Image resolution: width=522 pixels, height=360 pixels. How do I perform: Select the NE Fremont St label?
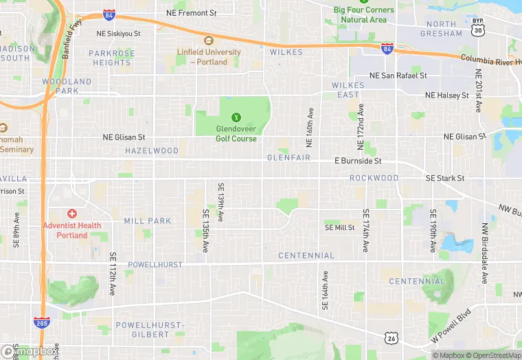191,13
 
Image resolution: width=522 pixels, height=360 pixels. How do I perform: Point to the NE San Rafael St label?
398,76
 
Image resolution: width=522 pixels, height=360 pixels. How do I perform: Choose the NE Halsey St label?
446,95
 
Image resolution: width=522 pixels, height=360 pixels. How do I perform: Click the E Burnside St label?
357,161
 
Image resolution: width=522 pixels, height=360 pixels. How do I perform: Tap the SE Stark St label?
445,179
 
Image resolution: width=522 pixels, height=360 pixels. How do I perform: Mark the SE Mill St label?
339,227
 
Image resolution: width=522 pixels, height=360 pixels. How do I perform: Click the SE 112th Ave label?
113,273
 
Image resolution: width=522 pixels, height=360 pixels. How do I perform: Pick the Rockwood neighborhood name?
374,178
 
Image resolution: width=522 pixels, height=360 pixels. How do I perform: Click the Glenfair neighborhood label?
288,158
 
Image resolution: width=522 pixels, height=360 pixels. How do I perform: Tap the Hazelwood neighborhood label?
151,150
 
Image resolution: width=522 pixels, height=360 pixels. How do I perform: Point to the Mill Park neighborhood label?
147,221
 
